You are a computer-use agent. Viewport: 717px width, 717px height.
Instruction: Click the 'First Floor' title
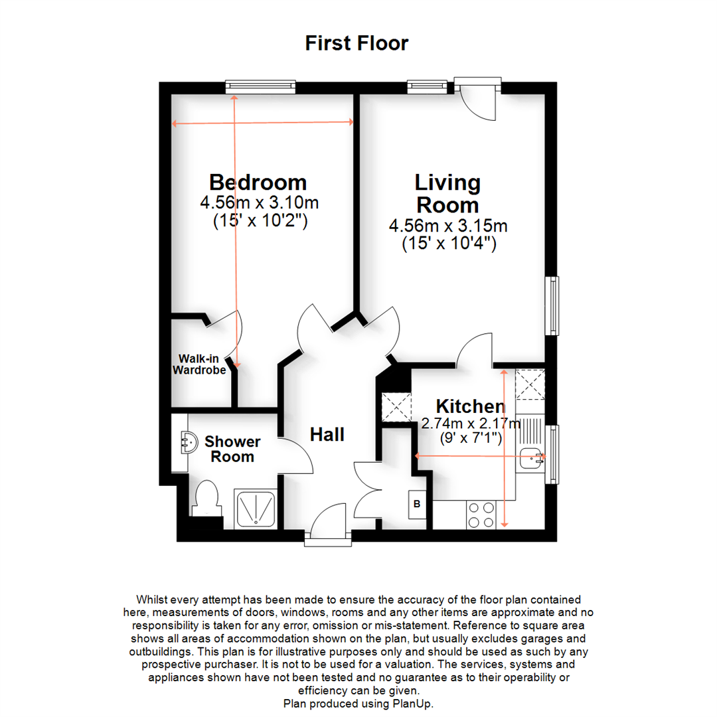tap(357, 44)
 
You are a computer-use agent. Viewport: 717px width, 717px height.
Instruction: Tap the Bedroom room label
tap(258, 182)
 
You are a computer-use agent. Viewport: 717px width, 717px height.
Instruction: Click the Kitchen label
tap(470, 406)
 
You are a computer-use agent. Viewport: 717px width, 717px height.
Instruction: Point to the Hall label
tap(327, 435)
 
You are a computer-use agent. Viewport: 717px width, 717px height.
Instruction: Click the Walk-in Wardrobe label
tap(200, 364)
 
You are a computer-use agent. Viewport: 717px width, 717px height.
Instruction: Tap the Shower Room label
tap(232, 449)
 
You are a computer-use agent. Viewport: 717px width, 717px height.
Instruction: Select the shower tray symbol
tap(257, 511)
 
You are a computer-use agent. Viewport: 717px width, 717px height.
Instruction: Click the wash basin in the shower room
tap(189, 443)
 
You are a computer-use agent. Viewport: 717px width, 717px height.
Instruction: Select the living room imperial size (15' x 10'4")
tap(449, 244)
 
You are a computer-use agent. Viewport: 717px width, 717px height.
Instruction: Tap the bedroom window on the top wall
tap(260, 86)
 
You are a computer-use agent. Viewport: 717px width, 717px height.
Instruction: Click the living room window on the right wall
tap(552, 306)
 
